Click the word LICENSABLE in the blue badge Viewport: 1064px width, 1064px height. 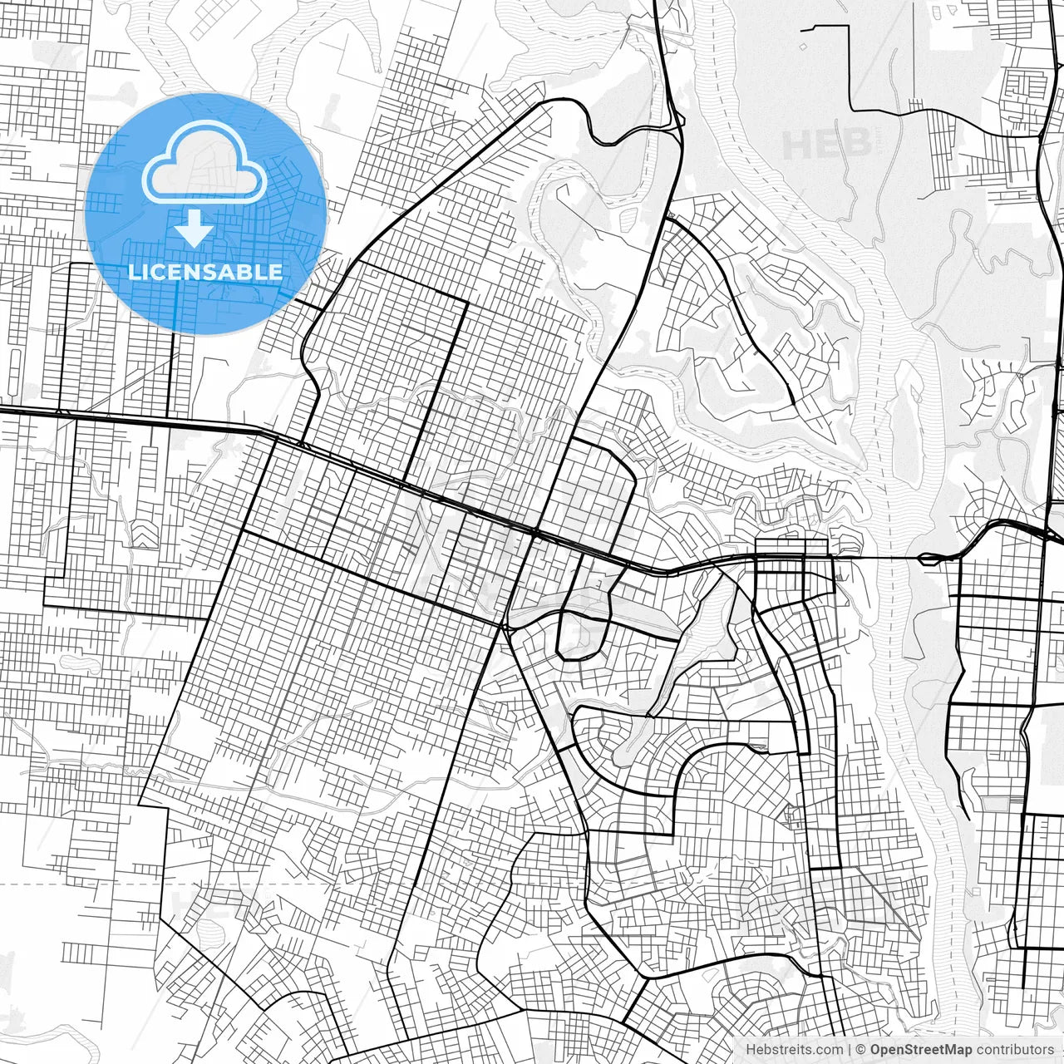click(x=204, y=272)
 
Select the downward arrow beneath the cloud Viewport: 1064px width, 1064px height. click(x=195, y=228)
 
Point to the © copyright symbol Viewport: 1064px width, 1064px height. click(x=860, y=1050)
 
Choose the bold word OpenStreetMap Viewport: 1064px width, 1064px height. click(x=920, y=1050)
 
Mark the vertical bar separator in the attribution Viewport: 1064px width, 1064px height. click(x=849, y=1050)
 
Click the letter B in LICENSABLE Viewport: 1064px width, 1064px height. click(x=249, y=272)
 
